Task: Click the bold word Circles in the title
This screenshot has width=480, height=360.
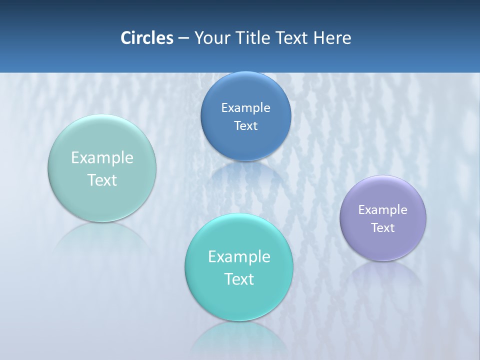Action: pos(146,37)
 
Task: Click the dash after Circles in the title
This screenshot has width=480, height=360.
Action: pos(183,38)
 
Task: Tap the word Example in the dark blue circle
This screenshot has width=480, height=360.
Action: pos(245,108)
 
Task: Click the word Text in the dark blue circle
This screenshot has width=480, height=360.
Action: pos(245,126)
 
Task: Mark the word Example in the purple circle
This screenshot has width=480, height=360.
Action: pos(382,210)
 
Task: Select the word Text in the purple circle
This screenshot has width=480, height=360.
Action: pos(383,228)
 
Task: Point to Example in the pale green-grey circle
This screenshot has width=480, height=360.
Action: pos(102,158)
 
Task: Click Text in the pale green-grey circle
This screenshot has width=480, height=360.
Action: pos(102,180)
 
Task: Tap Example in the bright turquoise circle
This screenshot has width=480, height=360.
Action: pos(239,257)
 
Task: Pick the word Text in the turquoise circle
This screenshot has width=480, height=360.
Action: pos(239,279)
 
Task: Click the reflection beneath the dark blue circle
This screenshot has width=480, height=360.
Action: pos(245,175)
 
